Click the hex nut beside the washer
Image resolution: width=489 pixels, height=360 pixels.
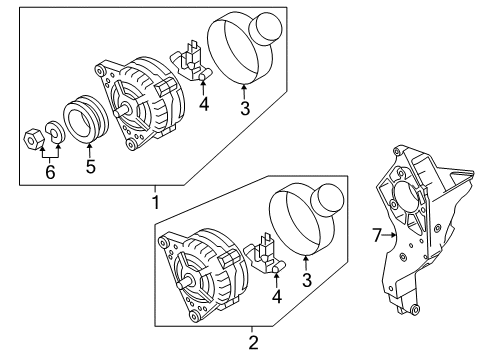34,139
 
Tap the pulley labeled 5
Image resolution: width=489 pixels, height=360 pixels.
86,120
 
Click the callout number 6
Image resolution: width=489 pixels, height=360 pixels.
50,172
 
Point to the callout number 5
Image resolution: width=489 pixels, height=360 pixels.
90,166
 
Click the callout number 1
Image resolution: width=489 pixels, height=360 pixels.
155,202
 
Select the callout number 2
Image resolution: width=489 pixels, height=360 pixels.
253,342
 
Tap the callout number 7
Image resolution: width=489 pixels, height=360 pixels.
377,235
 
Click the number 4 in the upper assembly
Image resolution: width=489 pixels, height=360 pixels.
204,104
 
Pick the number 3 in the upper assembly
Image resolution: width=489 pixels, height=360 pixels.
245,108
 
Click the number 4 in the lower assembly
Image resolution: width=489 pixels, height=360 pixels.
277,296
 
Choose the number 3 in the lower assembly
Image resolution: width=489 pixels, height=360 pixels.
307,280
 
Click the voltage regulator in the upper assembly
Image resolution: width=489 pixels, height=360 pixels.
190,61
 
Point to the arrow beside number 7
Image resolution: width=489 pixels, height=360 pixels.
389,235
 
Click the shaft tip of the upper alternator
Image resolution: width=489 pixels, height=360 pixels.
117,113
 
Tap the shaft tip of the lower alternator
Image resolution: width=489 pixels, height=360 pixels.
180,285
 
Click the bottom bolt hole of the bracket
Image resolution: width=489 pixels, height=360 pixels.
415,310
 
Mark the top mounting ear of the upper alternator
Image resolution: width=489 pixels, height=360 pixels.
99,71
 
